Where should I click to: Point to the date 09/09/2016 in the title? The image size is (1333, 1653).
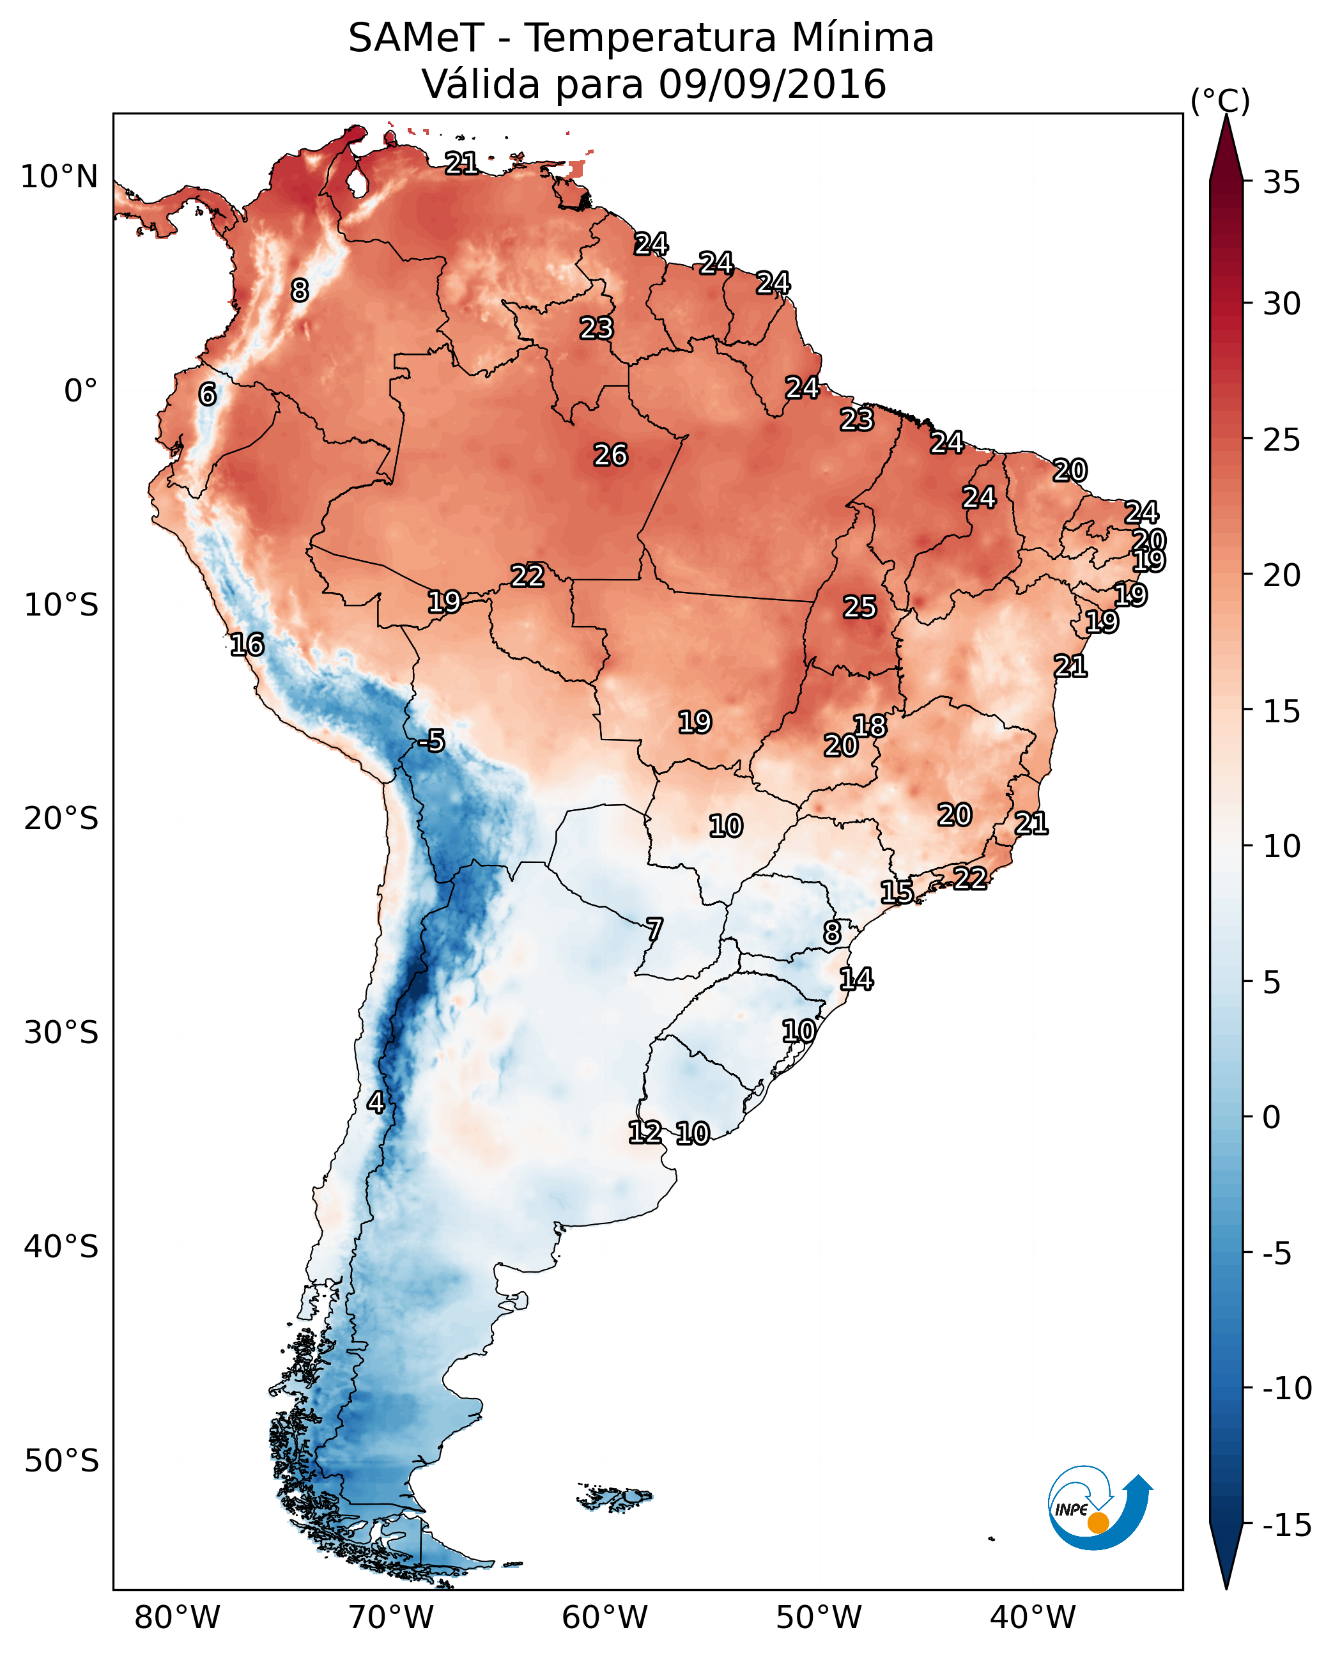(772, 84)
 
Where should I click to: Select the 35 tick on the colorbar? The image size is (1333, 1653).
(1281, 182)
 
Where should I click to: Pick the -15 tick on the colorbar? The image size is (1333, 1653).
(1287, 1525)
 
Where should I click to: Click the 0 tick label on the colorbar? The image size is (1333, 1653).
(1272, 1117)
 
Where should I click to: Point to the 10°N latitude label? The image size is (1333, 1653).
(59, 178)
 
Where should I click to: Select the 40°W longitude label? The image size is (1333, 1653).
(1032, 1617)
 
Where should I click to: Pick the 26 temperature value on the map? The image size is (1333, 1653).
(610, 456)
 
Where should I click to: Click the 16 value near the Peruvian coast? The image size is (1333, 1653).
(247, 645)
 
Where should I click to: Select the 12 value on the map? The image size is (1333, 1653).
(644, 1132)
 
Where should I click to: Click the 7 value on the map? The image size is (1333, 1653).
(654, 929)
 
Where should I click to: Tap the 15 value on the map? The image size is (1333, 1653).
(896, 892)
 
